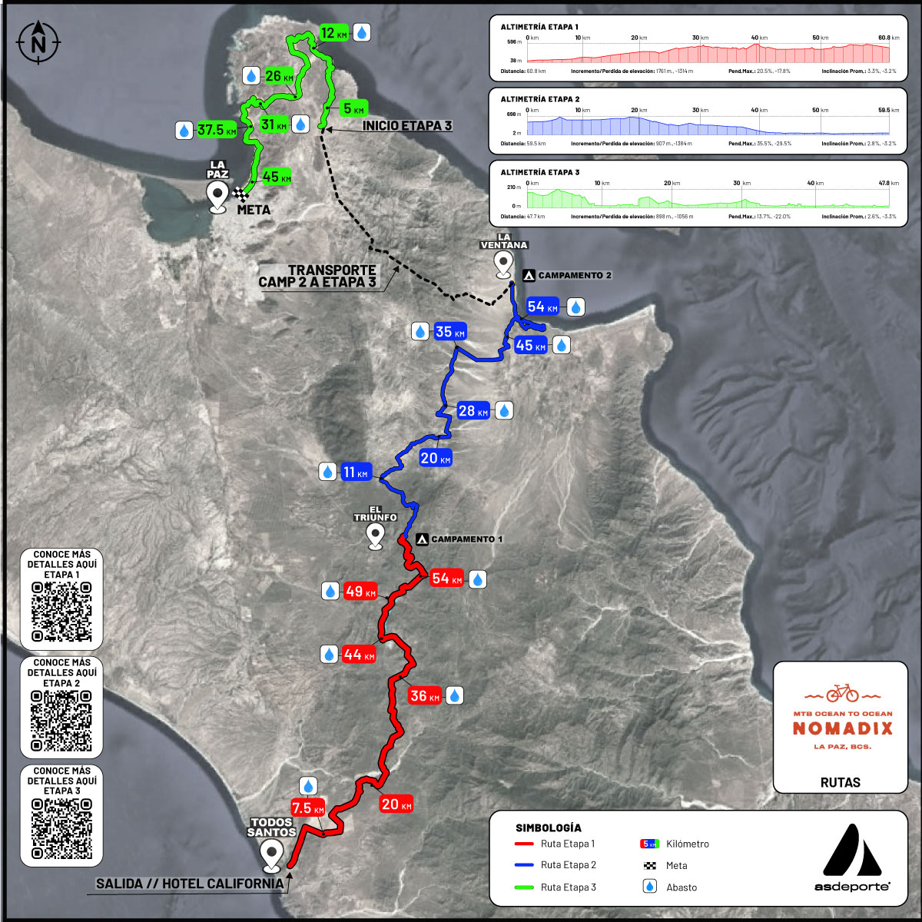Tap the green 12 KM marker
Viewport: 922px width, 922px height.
[x=334, y=33]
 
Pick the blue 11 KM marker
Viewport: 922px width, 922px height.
[x=355, y=472]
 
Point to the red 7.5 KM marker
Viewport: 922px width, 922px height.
[x=307, y=808]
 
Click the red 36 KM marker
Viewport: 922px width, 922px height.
[x=424, y=696]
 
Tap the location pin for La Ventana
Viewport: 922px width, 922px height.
[x=504, y=264]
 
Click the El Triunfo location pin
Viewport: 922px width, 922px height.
[x=376, y=536]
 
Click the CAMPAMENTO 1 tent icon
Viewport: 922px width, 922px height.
[x=422, y=539]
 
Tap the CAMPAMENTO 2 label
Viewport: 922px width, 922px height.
[x=575, y=275]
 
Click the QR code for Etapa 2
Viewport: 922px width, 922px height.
[x=61, y=721]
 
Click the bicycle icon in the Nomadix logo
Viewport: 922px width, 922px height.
[x=842, y=693]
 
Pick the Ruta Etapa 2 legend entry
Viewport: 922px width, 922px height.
[x=568, y=865]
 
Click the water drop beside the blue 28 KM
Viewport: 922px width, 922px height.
[x=504, y=411]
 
